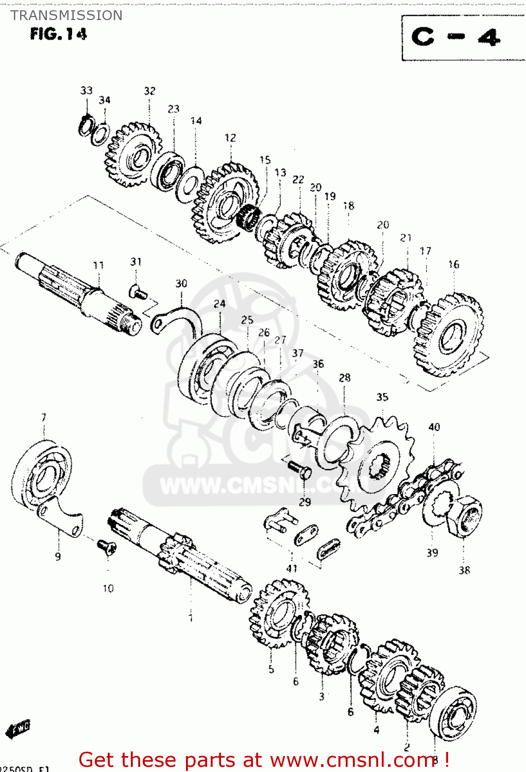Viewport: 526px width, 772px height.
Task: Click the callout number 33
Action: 86,91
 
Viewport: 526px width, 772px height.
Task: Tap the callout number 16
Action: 453,264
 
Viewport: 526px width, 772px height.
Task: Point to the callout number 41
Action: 292,568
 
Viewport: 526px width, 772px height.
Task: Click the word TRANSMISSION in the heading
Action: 66,15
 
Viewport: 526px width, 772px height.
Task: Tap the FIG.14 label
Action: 58,34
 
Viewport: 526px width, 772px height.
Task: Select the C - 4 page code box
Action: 456,38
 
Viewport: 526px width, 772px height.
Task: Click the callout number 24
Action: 219,304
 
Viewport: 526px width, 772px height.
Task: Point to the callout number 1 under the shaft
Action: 191,617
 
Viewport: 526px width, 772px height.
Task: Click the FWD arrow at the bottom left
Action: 19,728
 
